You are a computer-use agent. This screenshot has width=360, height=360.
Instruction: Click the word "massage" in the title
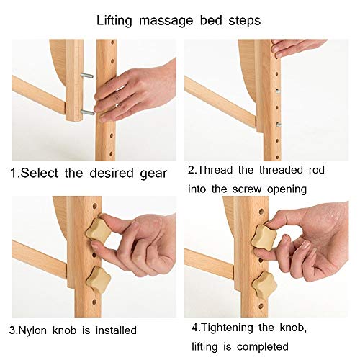(x=166, y=21)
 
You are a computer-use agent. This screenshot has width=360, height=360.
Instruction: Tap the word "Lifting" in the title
(x=114, y=21)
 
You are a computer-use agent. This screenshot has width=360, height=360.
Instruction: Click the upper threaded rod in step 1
(x=87, y=76)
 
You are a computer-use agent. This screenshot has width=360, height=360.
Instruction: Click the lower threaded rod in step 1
(x=88, y=112)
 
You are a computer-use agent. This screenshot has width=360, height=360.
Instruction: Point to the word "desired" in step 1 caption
(x=112, y=173)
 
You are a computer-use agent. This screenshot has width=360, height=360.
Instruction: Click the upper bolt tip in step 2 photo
(x=278, y=91)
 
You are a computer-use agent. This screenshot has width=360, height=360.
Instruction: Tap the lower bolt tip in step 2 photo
(x=279, y=125)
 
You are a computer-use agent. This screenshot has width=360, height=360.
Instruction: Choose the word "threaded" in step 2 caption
(x=281, y=170)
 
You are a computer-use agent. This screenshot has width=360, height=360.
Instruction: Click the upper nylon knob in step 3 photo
(x=99, y=230)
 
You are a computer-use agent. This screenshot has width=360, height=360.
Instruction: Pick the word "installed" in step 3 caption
(x=116, y=330)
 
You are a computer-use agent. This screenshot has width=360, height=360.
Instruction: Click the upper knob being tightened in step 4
(x=264, y=235)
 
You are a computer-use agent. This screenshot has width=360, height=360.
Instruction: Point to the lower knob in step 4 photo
(x=265, y=285)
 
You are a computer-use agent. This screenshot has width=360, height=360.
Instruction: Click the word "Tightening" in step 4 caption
(x=227, y=328)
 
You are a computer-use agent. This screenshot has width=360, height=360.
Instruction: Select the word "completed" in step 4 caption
(x=263, y=347)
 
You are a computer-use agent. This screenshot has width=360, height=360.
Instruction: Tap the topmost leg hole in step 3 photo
(x=95, y=206)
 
